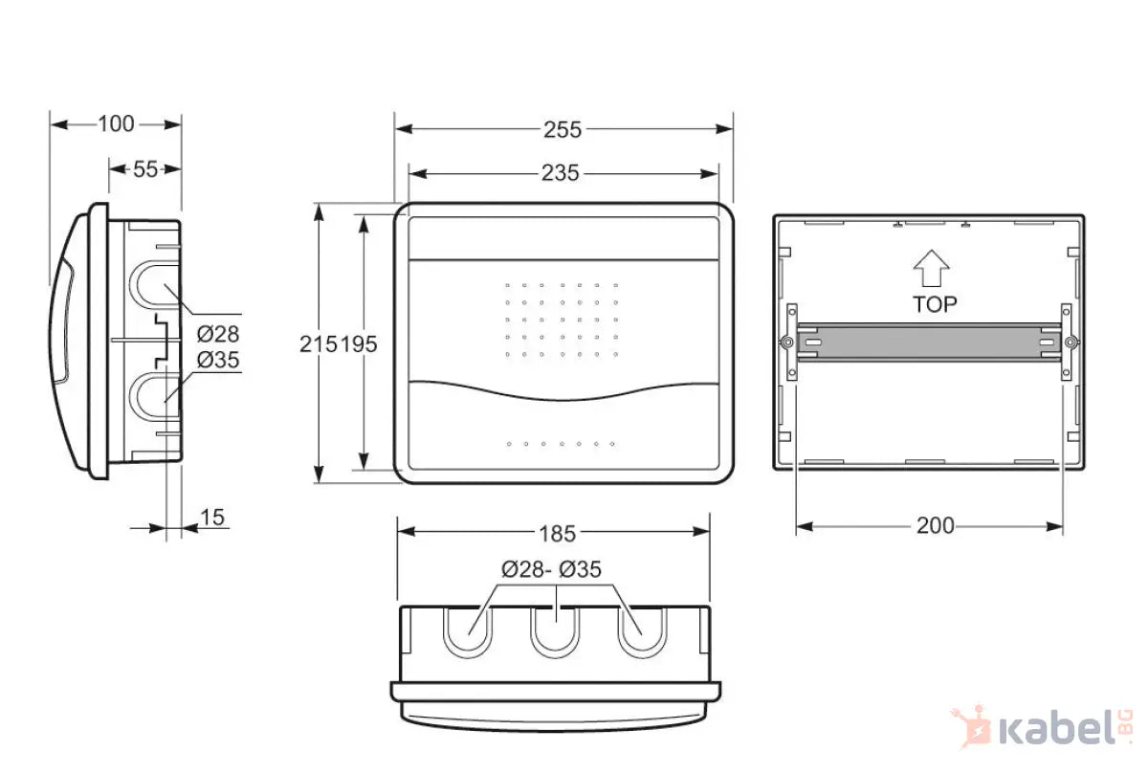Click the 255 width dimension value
click(x=563, y=130)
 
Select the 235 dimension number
click(x=561, y=173)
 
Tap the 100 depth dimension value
click(x=116, y=123)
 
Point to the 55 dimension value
click(x=144, y=169)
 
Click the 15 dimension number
click(x=212, y=518)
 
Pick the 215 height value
click(x=318, y=344)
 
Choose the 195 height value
click(x=359, y=344)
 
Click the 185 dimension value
click(x=557, y=532)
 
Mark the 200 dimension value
click(x=935, y=525)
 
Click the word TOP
click(x=934, y=304)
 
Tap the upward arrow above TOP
click(x=931, y=269)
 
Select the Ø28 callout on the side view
click(x=217, y=334)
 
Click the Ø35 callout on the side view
click(x=217, y=361)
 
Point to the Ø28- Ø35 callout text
click(x=551, y=570)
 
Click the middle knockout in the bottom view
click(x=556, y=630)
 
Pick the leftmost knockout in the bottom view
click(x=470, y=630)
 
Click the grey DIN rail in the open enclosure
click(x=929, y=342)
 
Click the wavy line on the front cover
click(x=563, y=390)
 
